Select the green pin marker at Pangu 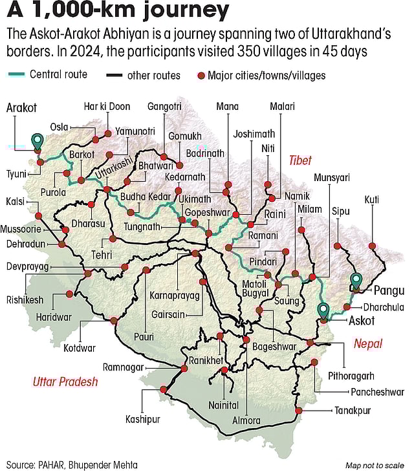click(x=356, y=281)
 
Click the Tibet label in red click(x=300, y=159)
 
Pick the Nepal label click(x=368, y=343)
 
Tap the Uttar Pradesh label click(x=65, y=382)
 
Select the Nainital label click(x=224, y=405)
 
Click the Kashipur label click(x=142, y=419)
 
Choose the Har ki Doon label click(x=107, y=107)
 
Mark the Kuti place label click(x=372, y=199)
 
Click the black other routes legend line click(x=114, y=76)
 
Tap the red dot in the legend click(x=201, y=76)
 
